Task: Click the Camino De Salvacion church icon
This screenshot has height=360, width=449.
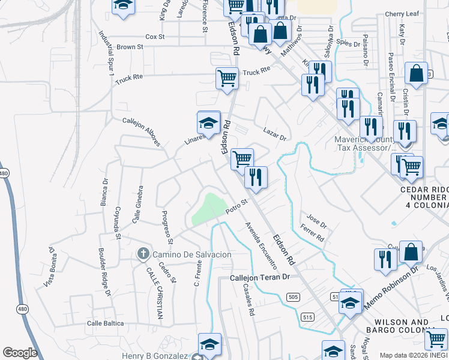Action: [143, 254]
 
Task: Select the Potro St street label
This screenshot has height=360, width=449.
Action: [237, 207]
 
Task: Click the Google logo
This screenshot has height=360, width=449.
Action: [20, 353]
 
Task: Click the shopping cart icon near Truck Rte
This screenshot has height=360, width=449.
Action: [227, 79]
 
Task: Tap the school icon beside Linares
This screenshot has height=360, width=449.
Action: [208, 124]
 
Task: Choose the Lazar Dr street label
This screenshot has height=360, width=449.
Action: [275, 134]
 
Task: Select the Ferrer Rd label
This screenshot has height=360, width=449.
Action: [312, 234]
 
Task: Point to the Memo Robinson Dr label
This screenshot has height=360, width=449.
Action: [390, 286]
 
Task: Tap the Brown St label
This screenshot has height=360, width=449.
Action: [130, 47]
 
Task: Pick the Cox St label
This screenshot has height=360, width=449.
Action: [155, 37]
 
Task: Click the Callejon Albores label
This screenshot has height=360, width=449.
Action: [142, 131]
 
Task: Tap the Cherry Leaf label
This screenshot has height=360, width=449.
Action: [402, 14]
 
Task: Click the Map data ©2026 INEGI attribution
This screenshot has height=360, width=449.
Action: [414, 355]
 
